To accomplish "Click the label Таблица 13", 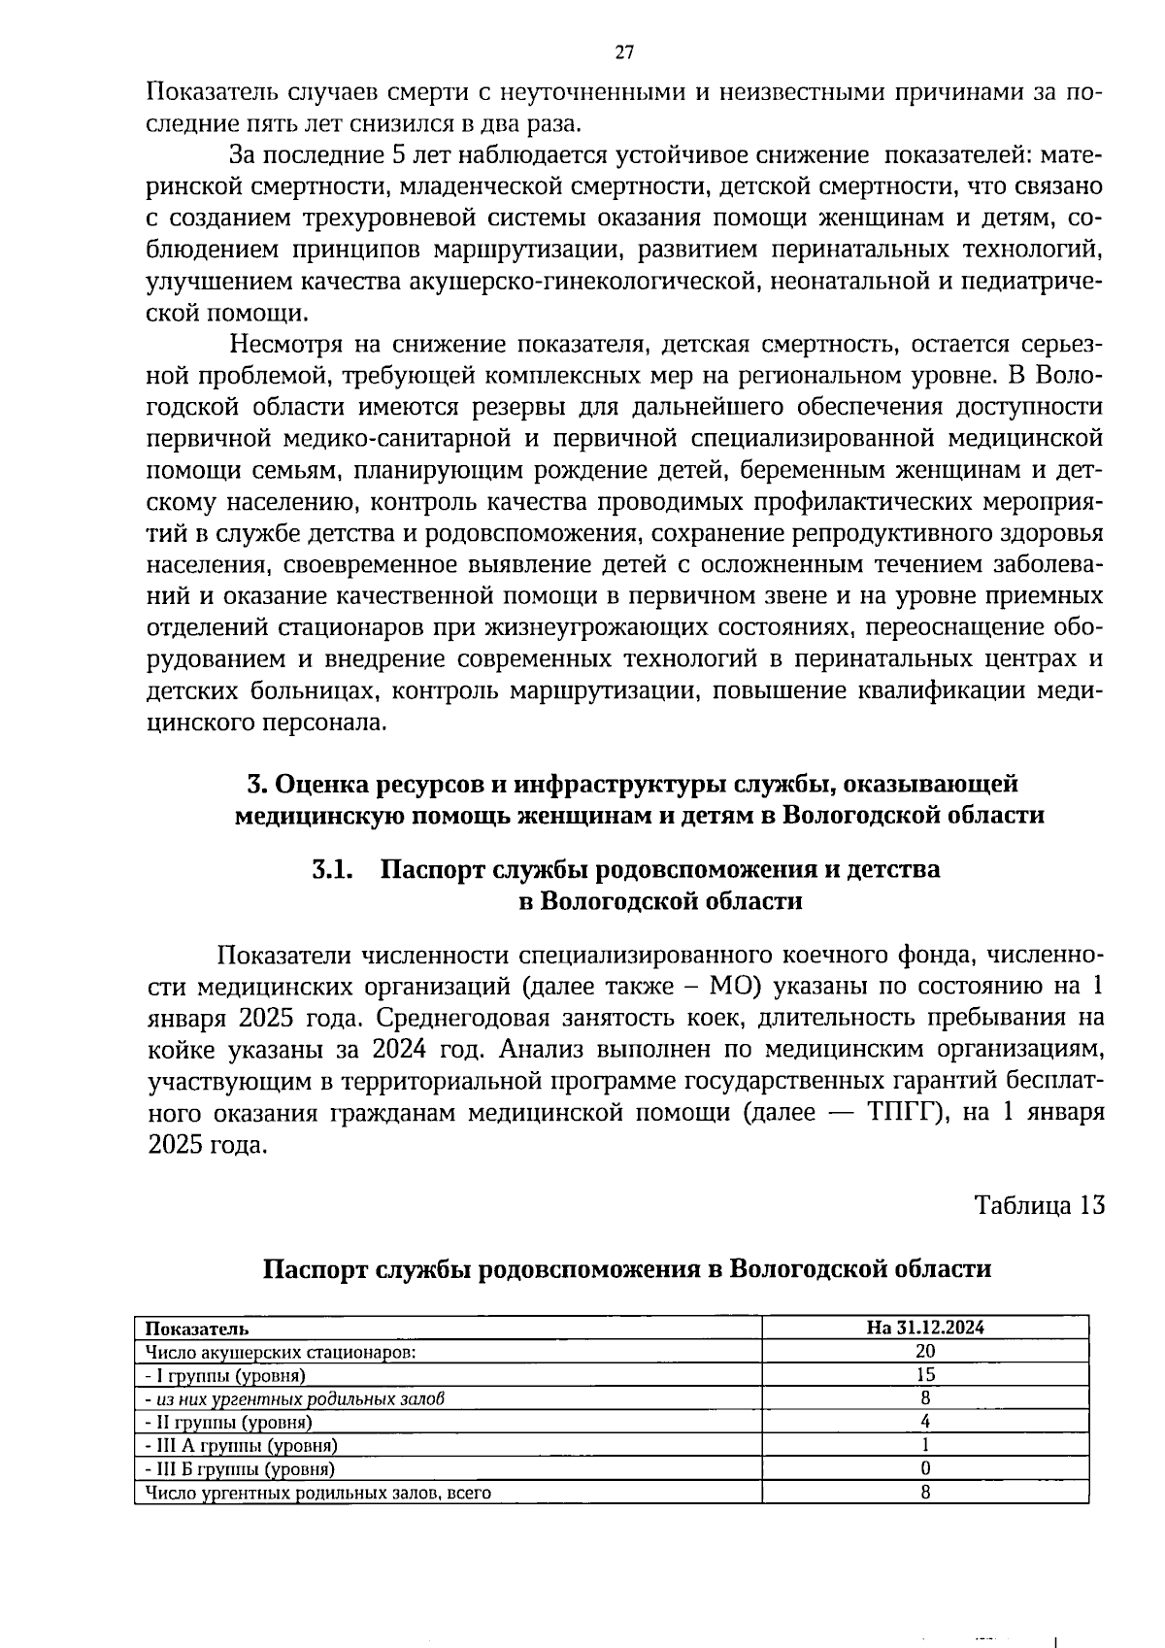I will click(x=1040, y=1205).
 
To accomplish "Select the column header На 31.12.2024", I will click(x=925, y=1328).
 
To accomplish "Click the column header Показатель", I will click(x=196, y=1328).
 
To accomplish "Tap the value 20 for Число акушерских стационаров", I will click(x=925, y=1351).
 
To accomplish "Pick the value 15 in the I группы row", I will click(x=925, y=1374).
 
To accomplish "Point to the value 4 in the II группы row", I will click(x=925, y=1422).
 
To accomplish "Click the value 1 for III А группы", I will click(x=925, y=1445).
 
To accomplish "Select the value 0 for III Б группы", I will click(x=925, y=1468).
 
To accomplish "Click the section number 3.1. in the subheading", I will click(x=330, y=869).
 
